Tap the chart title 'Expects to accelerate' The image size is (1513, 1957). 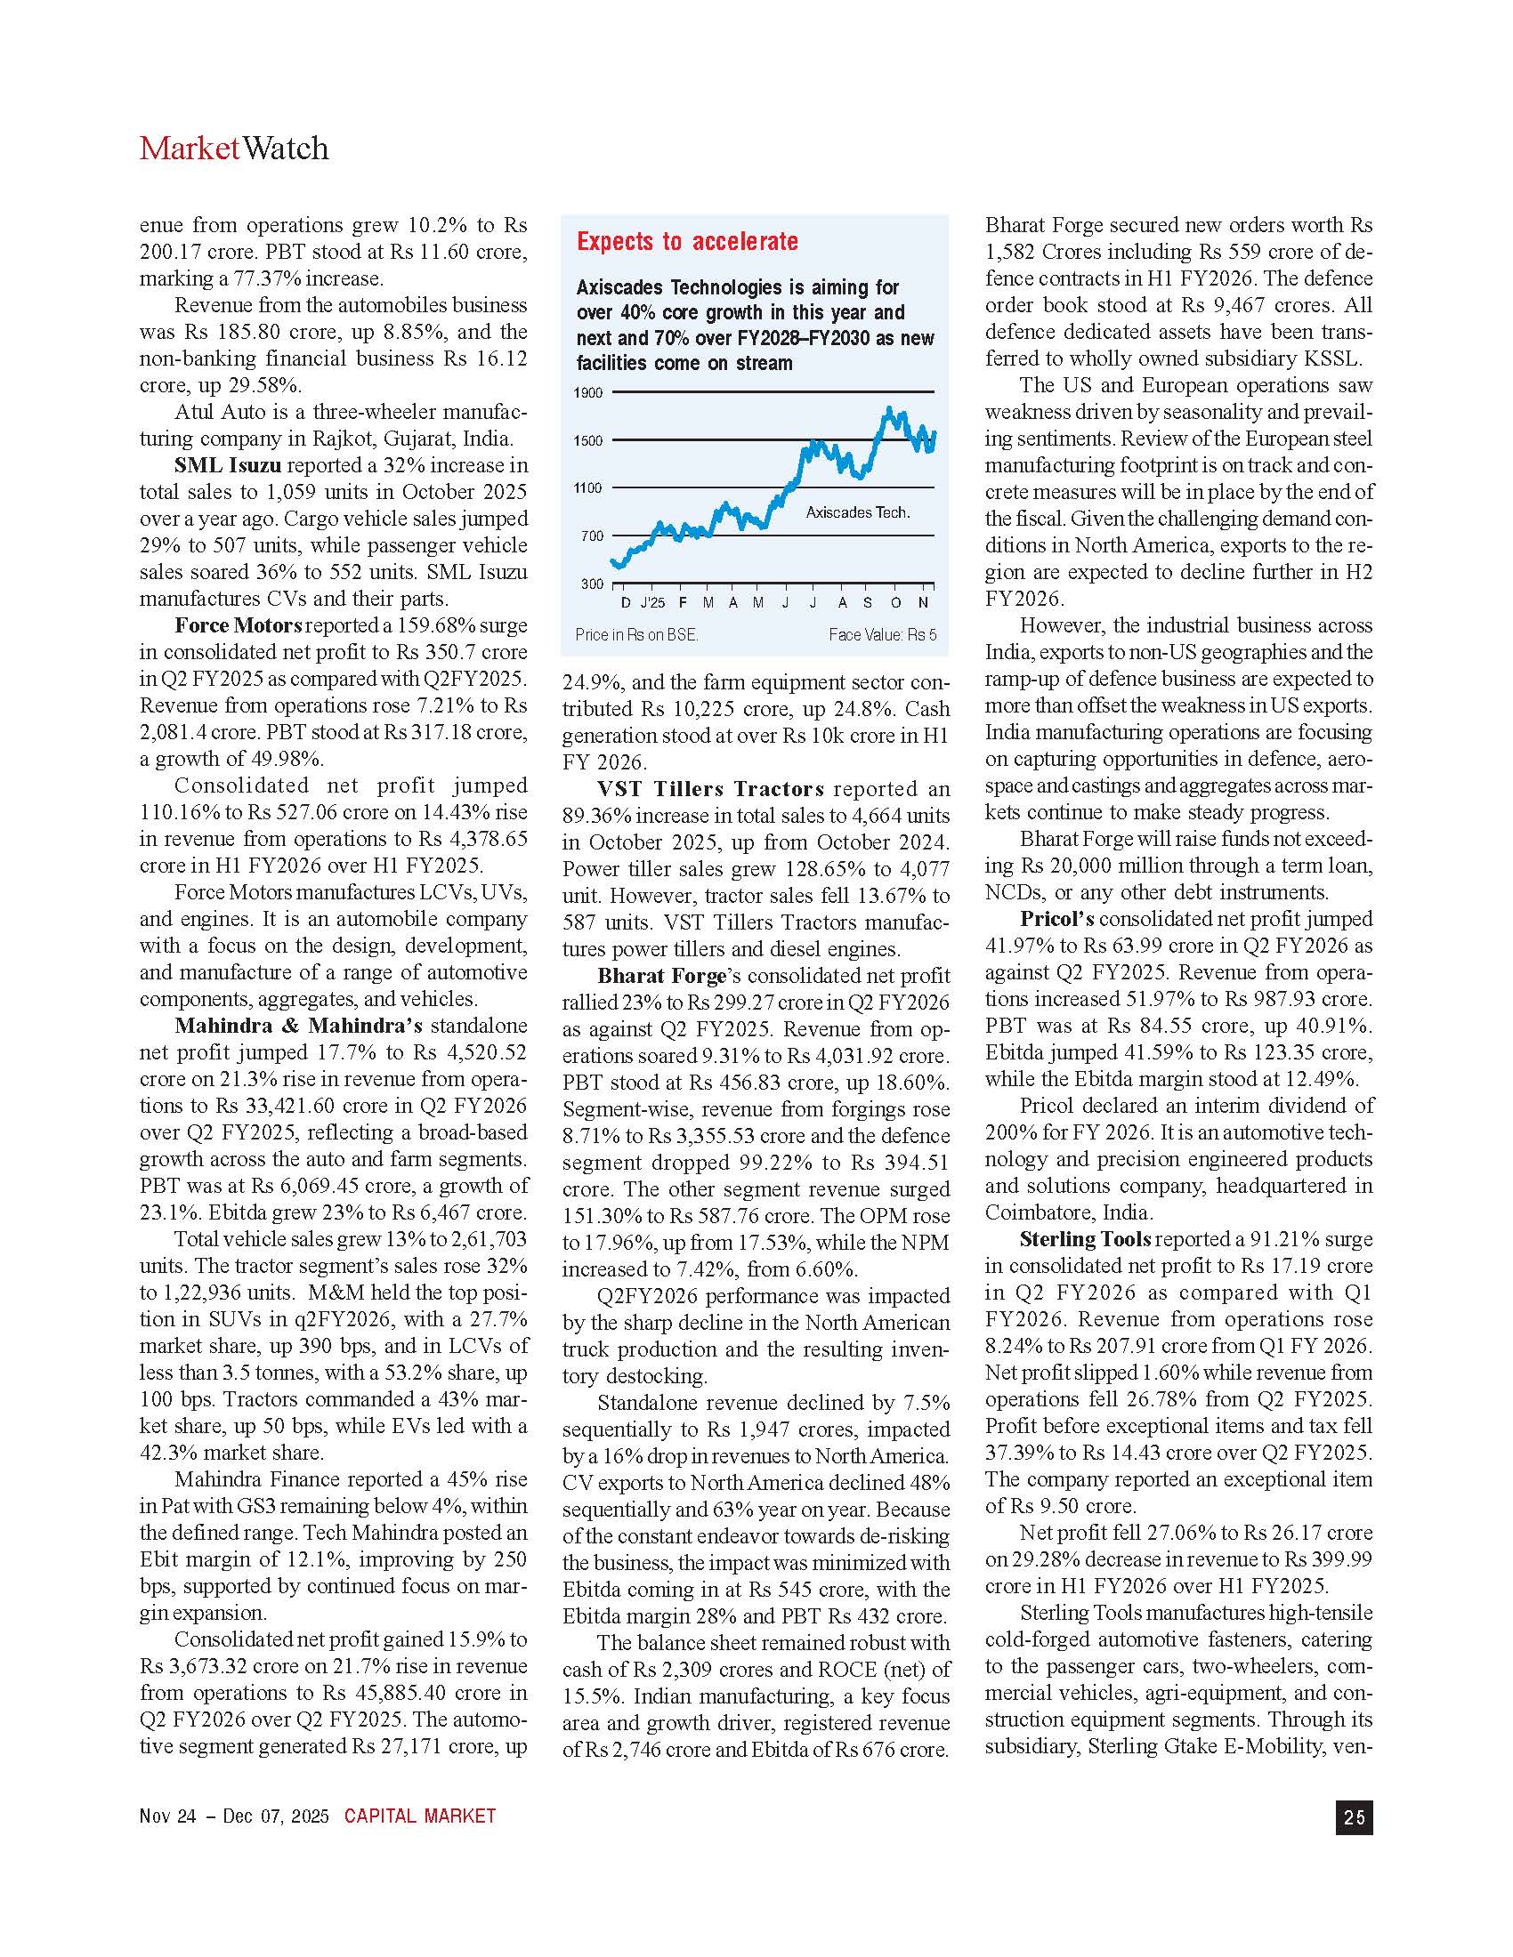click(686, 241)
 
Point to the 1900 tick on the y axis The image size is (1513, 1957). click(588, 392)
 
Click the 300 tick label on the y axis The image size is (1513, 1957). click(592, 584)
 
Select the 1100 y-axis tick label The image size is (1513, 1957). click(588, 488)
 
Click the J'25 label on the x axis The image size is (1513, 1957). click(652, 603)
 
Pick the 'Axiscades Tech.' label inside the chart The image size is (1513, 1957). click(858, 512)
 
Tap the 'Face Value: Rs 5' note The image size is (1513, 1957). click(882, 634)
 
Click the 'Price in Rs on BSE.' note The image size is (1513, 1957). click(636, 634)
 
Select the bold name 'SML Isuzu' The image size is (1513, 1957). click(228, 465)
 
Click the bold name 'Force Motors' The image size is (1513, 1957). click(239, 625)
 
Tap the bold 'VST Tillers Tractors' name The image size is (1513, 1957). click(710, 788)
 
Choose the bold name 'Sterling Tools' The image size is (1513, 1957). click(1085, 1239)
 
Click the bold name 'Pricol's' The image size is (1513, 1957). click(1056, 919)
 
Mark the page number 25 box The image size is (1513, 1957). click(1355, 1816)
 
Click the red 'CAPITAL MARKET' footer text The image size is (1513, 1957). click(419, 1816)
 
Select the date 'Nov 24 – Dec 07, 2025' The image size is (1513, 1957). click(234, 1816)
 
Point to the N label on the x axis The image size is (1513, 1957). click(923, 603)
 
